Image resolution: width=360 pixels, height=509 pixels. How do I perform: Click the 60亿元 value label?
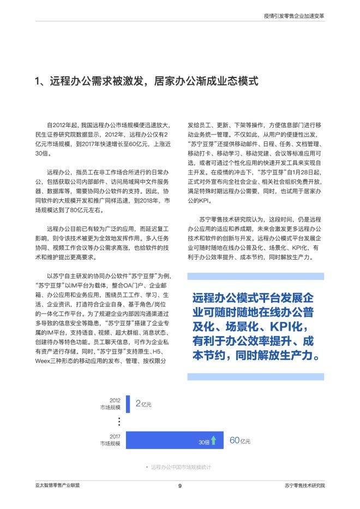[x=240, y=440]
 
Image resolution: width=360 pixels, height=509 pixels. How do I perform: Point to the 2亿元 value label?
[x=143, y=404]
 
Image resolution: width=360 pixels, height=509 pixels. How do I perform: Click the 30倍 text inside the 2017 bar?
[x=203, y=441]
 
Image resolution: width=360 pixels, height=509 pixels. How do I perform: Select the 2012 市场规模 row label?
[x=110, y=404]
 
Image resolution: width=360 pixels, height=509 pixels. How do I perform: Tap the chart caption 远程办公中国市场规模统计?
[x=181, y=468]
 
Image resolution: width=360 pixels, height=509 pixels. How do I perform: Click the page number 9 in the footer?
[x=179, y=486]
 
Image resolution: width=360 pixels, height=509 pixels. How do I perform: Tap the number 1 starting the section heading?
[x=37, y=82]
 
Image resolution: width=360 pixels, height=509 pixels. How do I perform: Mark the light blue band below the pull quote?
[x=255, y=377]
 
